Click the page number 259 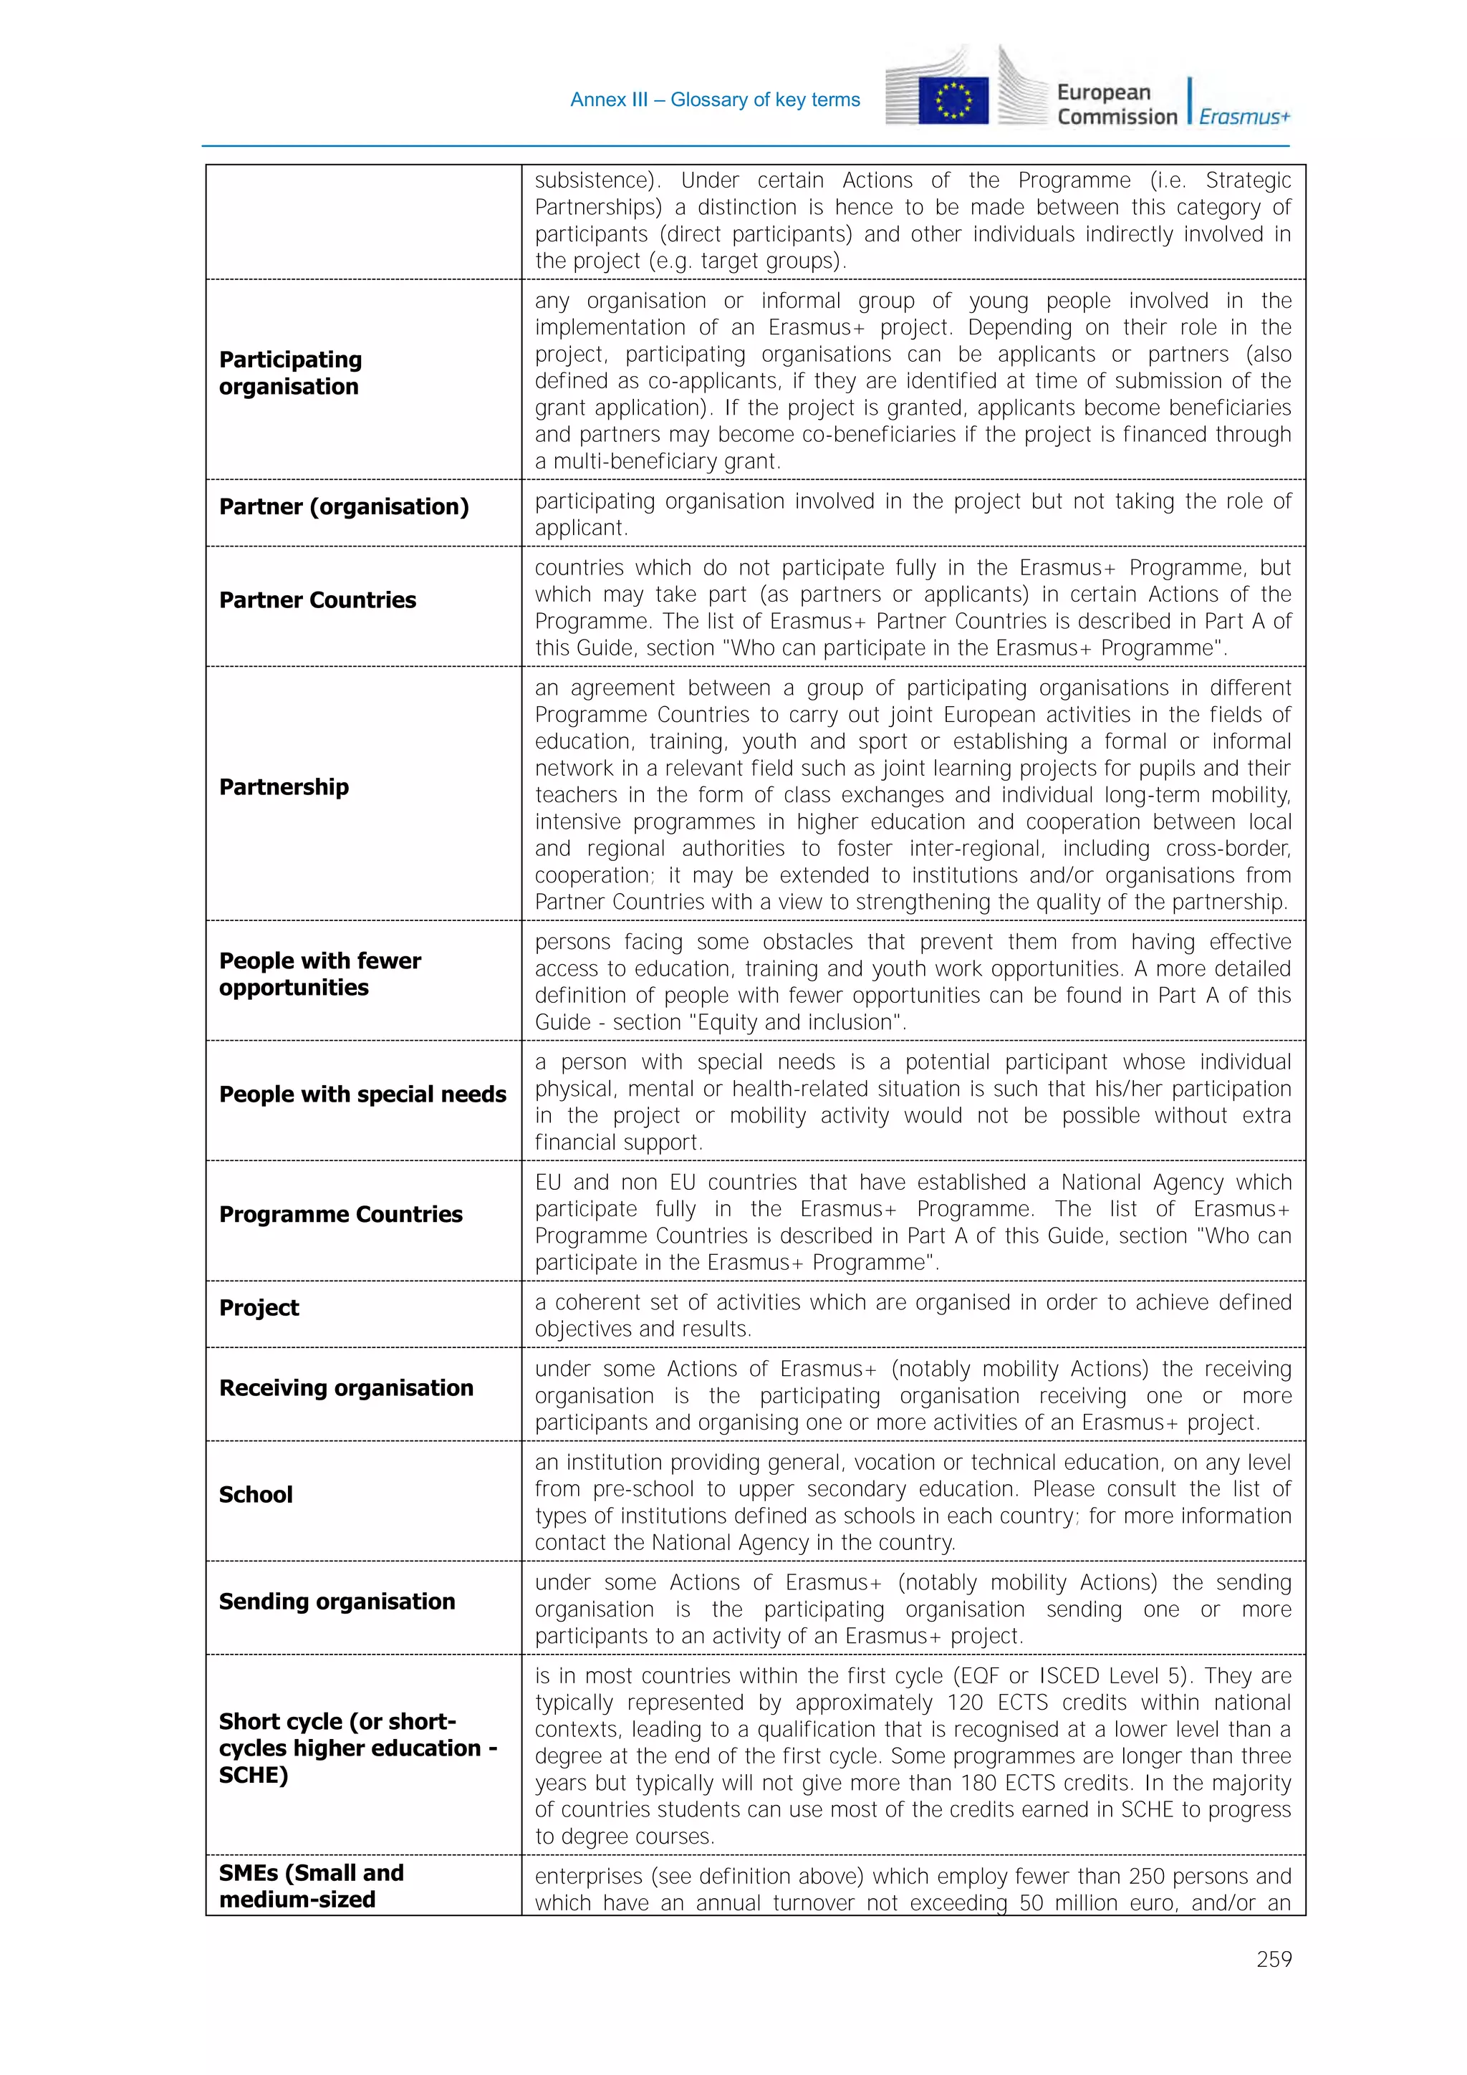click(1273, 1958)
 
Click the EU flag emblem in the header click(953, 100)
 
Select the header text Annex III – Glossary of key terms click(714, 100)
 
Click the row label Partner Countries click(317, 600)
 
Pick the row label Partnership click(284, 786)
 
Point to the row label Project click(259, 1308)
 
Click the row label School click(256, 1494)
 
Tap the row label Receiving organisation click(345, 1387)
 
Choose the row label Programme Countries click(341, 1214)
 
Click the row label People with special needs click(362, 1094)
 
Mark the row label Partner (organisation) click(344, 506)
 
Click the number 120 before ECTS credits click(964, 1703)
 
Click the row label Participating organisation click(290, 372)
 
